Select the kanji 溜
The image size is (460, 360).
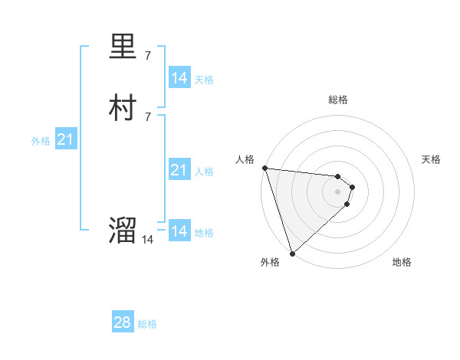coord(123,231)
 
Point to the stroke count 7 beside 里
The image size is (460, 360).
coord(148,56)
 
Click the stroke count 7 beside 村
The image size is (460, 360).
coord(148,116)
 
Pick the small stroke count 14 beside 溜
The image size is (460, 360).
coord(147,240)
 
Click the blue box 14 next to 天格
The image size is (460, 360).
coord(179,77)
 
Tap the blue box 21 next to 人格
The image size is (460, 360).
coord(179,170)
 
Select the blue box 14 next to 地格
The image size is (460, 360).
coord(179,231)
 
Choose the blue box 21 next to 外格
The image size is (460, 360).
coord(66,139)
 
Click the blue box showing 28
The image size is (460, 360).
coord(123,322)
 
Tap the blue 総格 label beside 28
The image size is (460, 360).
coord(147,324)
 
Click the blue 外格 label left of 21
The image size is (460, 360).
coord(41,141)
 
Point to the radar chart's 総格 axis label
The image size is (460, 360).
coord(338,100)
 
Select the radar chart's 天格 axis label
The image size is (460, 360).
coord(432,159)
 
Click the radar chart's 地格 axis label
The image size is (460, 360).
coord(402,262)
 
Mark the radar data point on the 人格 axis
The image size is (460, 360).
coord(264,168)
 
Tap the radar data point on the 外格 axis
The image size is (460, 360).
coord(292,253)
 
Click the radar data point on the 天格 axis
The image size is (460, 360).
coord(353,187)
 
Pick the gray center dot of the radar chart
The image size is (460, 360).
coord(338,191)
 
